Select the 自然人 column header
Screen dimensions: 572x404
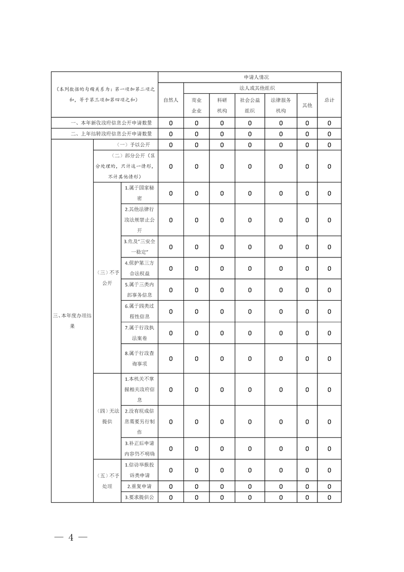coord(171,100)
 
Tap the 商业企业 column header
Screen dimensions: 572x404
coord(197,105)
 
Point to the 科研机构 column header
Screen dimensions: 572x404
coord(222,105)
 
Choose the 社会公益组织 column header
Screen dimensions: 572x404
coord(250,105)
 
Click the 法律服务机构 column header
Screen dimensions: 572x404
coord(281,105)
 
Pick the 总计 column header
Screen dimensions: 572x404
coord(329,100)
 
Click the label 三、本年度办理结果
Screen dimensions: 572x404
coord(72,321)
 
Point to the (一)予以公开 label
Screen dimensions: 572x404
coord(126,145)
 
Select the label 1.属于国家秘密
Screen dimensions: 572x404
coord(140,193)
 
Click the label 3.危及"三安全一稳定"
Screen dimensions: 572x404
coord(140,246)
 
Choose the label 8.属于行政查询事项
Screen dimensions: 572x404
coord(140,358)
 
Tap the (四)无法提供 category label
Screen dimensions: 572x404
coord(107,416)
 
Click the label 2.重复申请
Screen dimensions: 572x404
coord(140,486)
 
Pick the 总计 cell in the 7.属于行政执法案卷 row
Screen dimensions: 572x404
coord(329,333)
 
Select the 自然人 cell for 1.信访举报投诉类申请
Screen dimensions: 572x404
coord(171,470)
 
